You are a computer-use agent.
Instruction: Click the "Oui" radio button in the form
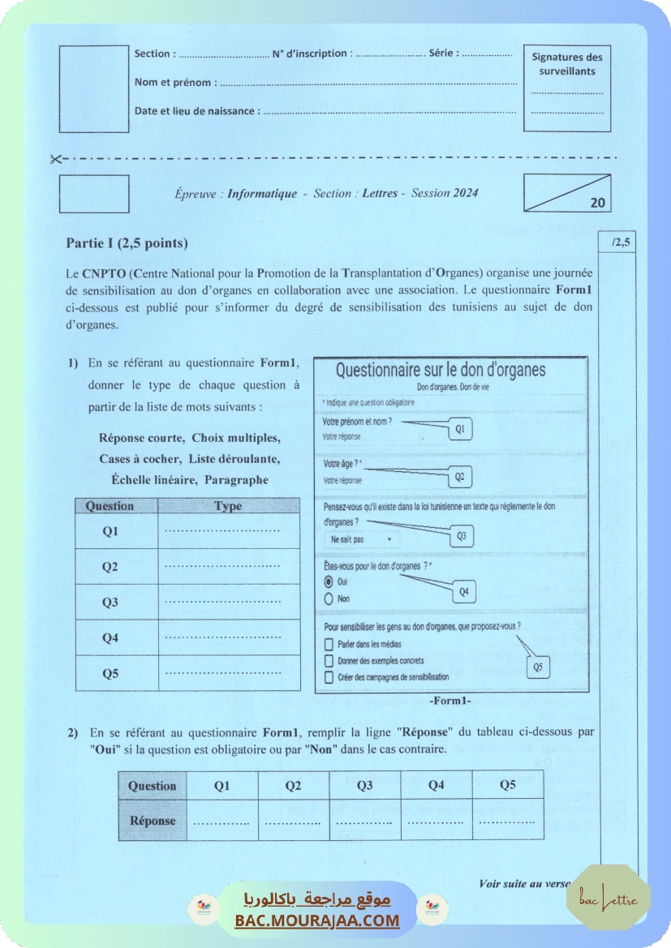[329, 582]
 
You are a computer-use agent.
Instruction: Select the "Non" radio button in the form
[329, 599]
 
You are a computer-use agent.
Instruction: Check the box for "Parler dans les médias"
[329, 645]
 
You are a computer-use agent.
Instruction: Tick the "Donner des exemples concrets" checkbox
[329, 661]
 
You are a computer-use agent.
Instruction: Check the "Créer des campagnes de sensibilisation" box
[329, 677]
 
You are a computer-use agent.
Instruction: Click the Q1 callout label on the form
[460, 430]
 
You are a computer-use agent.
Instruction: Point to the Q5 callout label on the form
[538, 667]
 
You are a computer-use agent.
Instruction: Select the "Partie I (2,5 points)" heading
[127, 243]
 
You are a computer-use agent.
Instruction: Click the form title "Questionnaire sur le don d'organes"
[441, 371]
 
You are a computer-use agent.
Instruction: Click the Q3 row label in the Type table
[110, 603]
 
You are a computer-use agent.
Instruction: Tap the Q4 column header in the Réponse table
[436, 785]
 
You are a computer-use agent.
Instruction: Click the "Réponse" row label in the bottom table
[153, 821]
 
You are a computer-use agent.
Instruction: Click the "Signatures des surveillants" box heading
[567, 64]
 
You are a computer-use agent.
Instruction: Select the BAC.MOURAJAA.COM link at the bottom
[317, 920]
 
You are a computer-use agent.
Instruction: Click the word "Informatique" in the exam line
[261, 194]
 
